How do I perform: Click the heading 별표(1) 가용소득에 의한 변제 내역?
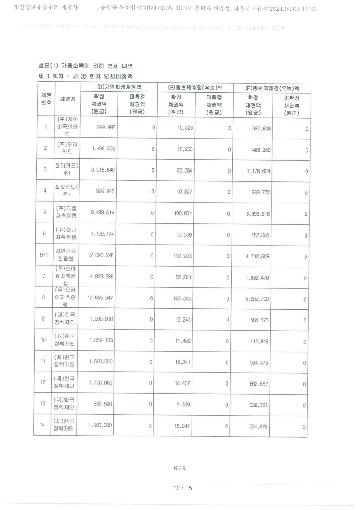pyautogui.click(x=86, y=67)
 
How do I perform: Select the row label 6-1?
pyautogui.click(x=44, y=256)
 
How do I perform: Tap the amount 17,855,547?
pyautogui.click(x=99, y=298)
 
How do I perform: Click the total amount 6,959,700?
pyautogui.click(x=257, y=298)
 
